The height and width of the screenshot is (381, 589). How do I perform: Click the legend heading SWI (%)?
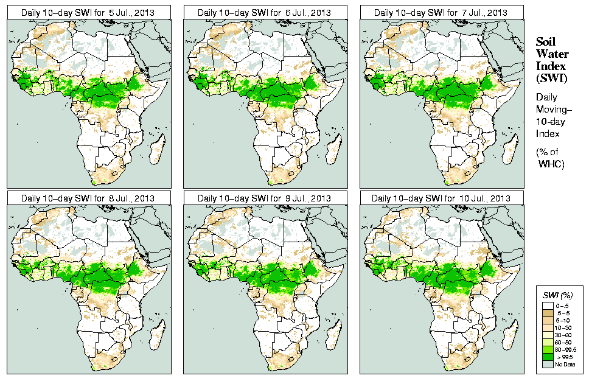[x=559, y=295]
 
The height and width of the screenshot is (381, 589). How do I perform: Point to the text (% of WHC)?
[x=551, y=158]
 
